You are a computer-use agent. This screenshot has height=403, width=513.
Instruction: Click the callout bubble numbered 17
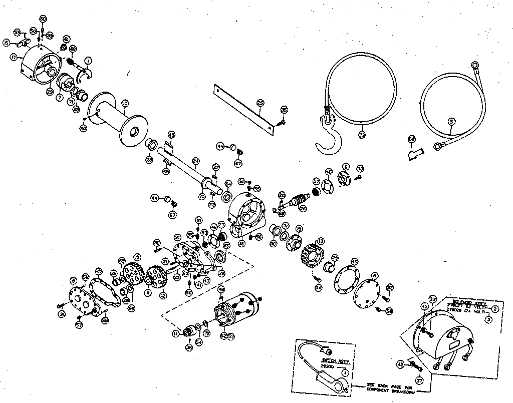[14, 58]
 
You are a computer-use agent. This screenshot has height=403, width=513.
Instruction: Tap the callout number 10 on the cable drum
[125, 103]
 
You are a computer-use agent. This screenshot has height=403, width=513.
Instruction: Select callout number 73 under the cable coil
[361, 135]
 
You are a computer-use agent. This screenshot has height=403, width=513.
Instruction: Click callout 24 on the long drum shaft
[195, 161]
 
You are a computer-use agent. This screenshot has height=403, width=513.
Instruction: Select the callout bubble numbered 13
[320, 241]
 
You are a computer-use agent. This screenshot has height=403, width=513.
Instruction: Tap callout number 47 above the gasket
[99, 271]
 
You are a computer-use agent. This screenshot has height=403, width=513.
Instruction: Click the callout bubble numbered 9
[73, 280]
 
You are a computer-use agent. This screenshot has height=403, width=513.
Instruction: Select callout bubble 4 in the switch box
[344, 371]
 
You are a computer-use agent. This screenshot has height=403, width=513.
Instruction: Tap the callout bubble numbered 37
[419, 380]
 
